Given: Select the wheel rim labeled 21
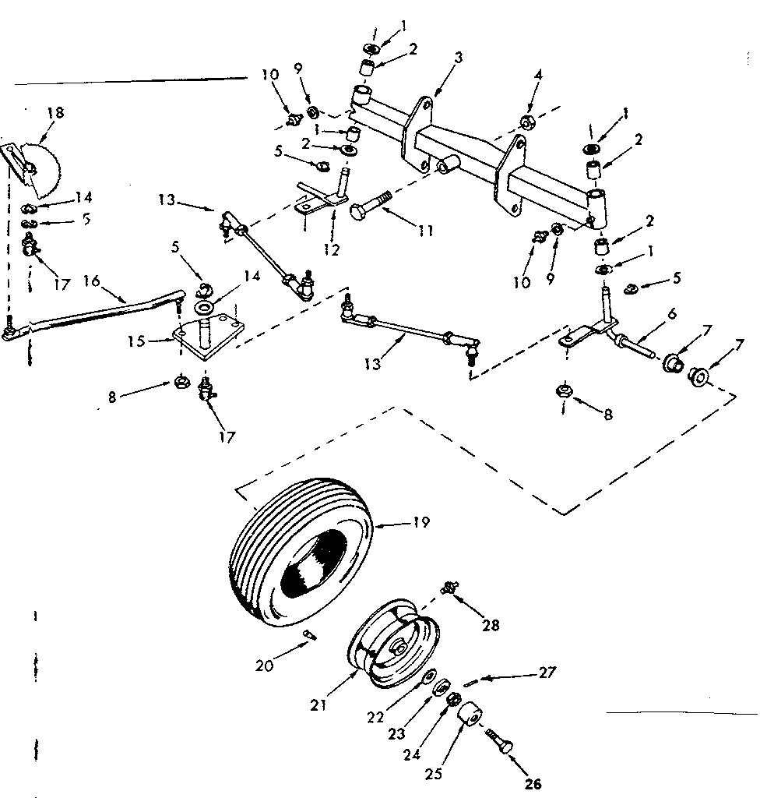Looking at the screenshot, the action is click(x=394, y=644).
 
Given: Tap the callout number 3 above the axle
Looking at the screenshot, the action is click(x=458, y=58).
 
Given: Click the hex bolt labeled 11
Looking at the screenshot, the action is click(x=371, y=203).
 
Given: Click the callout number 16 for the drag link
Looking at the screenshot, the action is click(x=92, y=281).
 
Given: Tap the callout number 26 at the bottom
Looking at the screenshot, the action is click(x=533, y=784).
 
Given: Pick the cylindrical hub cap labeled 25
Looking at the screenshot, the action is click(x=468, y=716).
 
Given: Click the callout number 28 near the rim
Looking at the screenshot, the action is click(x=491, y=625).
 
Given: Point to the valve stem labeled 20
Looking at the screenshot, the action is click(x=309, y=634).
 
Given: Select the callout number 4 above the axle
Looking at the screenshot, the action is click(x=538, y=76).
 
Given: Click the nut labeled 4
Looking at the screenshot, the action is click(x=526, y=122).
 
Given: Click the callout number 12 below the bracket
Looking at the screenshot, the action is click(x=331, y=250).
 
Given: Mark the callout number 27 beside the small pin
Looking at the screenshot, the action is click(x=547, y=673).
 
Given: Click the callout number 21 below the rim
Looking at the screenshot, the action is click(x=318, y=705).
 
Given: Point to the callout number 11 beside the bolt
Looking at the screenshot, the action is click(x=425, y=231).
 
